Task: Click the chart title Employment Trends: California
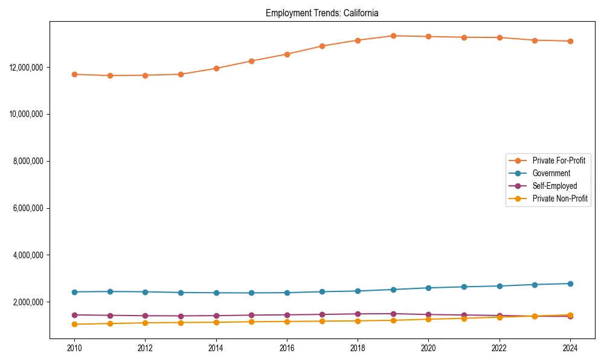(322, 13)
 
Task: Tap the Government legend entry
(551, 173)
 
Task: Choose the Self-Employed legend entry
(554, 186)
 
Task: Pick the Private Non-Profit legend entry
(560, 198)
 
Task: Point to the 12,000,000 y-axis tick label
(26, 67)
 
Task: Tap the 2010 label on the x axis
(74, 348)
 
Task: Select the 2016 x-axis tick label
(287, 348)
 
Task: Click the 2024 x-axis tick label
(570, 348)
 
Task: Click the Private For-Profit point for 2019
(393, 36)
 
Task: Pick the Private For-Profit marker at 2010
(74, 74)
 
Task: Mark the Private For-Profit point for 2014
(216, 68)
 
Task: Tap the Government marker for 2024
(570, 284)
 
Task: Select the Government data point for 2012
(145, 292)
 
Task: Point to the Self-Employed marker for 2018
(358, 314)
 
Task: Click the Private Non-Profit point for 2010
(74, 325)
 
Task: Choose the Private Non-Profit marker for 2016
(287, 322)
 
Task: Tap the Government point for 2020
(428, 288)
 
